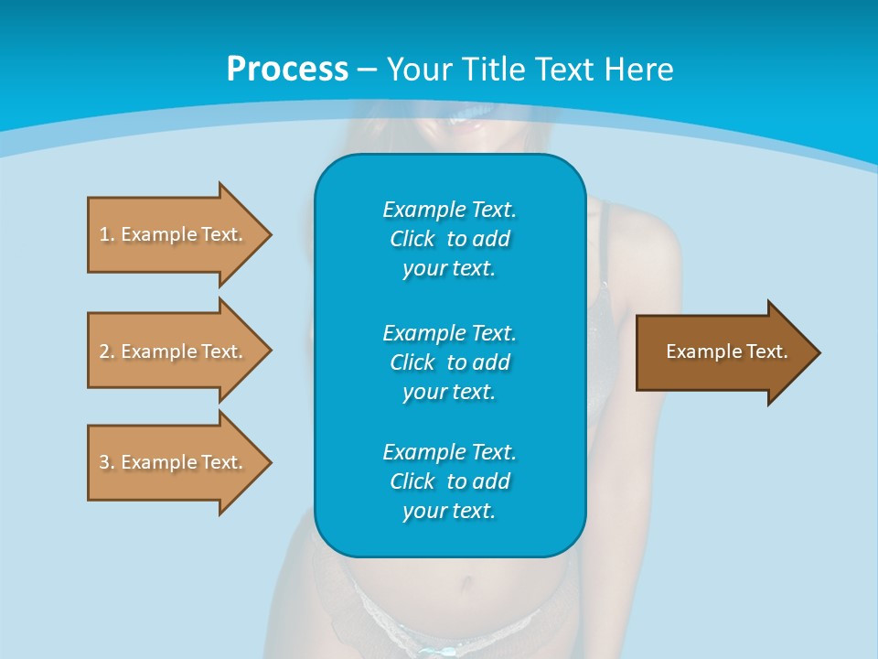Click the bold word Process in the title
pos(287,70)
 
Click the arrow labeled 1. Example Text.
pos(174,234)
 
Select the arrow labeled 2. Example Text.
pos(174,351)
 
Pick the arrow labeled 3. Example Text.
pos(174,462)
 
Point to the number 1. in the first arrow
pos(106,234)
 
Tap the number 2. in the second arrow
pos(106,351)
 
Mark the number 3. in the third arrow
pos(106,462)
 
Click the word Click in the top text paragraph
pos(412,239)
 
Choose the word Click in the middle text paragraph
pos(412,362)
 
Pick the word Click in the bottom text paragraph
pos(412,481)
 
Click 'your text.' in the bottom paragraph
pos(449,511)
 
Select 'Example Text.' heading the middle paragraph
pos(449,332)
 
